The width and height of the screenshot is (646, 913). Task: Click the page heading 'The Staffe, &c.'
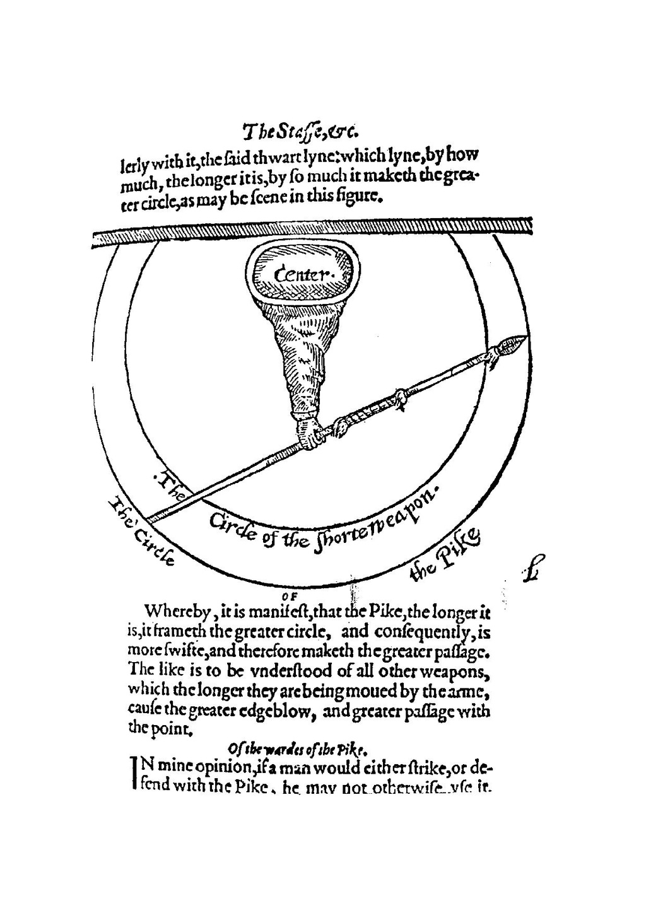click(x=301, y=132)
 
